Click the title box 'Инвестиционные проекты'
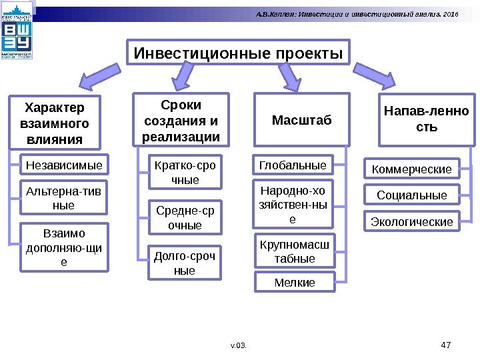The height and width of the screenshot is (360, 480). [239, 53]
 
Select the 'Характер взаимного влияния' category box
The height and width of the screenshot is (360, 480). [54, 123]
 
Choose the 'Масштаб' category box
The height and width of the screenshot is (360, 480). [301, 121]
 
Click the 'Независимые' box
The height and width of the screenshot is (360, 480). [64, 164]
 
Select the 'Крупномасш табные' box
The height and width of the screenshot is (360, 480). [295, 251]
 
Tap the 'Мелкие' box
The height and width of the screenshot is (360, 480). [295, 283]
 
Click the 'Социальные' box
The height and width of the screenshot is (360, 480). [411, 195]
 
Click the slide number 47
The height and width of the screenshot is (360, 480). [447, 345]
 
